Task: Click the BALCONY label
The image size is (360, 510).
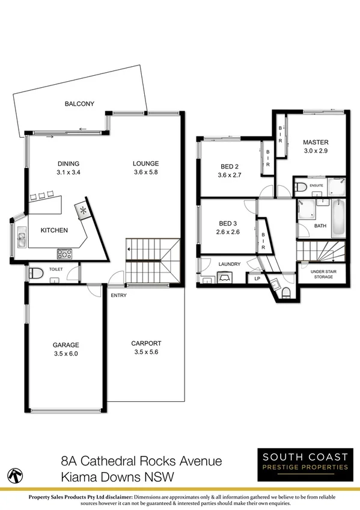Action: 79,104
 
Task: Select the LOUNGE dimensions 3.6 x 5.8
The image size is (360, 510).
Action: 146,172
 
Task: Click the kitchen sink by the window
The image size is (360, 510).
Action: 20,238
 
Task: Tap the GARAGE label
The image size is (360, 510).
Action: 66,345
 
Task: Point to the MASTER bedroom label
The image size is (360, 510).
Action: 316,143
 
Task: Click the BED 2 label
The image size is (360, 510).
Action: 228,167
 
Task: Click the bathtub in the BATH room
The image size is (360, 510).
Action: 338,219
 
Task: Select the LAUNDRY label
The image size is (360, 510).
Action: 230,264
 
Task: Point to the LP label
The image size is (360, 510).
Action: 257,278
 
